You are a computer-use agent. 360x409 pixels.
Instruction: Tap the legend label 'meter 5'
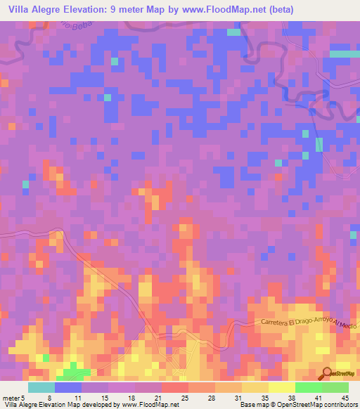(14, 398)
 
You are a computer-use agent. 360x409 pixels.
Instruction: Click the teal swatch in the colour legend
(41, 387)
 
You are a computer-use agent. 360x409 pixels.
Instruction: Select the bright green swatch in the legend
(308, 387)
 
